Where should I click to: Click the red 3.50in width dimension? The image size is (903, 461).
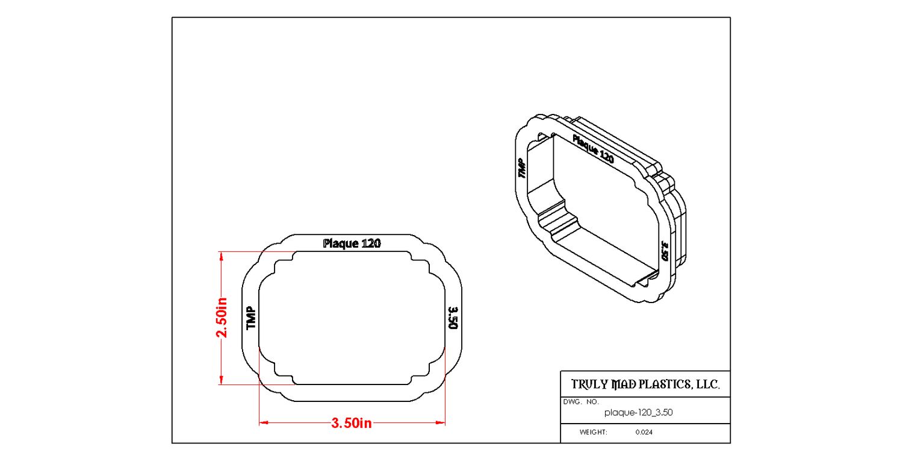[352, 423]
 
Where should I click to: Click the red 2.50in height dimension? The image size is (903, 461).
[222, 318]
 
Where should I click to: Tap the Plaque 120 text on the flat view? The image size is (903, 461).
[352, 243]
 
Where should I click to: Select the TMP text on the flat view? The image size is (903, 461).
[251, 318]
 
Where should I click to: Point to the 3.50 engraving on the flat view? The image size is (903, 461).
[453, 318]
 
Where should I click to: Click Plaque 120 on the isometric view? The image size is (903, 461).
[593, 149]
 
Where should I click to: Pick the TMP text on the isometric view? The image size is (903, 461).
[522, 168]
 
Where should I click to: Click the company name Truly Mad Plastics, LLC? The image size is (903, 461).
[645, 384]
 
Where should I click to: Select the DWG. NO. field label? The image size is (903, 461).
[581, 402]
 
